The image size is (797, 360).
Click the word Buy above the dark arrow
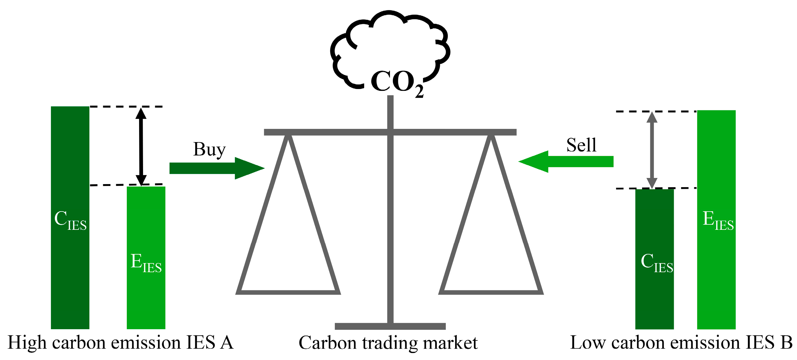click(x=210, y=149)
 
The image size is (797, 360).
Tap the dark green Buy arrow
click(x=217, y=168)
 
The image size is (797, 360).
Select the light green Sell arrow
click(x=566, y=162)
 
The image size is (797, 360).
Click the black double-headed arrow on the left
click(x=141, y=146)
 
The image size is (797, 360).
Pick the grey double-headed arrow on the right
click(x=652, y=150)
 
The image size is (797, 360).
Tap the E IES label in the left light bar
click(x=146, y=262)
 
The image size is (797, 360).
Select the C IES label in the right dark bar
click(x=656, y=262)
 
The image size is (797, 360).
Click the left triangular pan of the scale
click(x=288, y=292)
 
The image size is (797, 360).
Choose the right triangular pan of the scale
click(x=491, y=292)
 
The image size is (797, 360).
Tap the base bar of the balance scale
click(x=390, y=326)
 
